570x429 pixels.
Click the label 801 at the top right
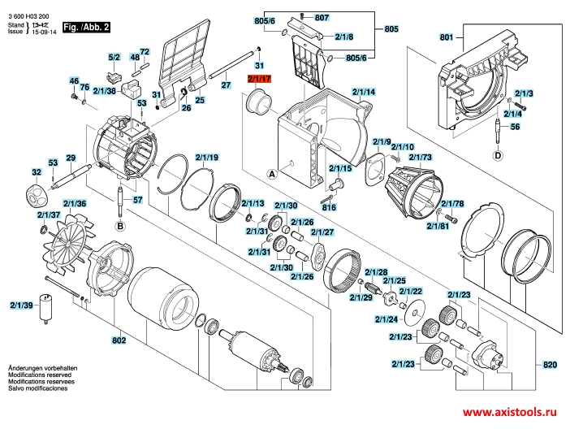click(x=445, y=37)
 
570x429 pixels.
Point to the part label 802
click(x=119, y=340)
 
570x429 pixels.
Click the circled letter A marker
click(x=273, y=174)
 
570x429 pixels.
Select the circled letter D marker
click(x=497, y=156)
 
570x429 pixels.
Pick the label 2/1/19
click(x=207, y=156)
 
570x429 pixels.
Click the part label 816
click(x=330, y=207)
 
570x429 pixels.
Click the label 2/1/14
click(x=364, y=92)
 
